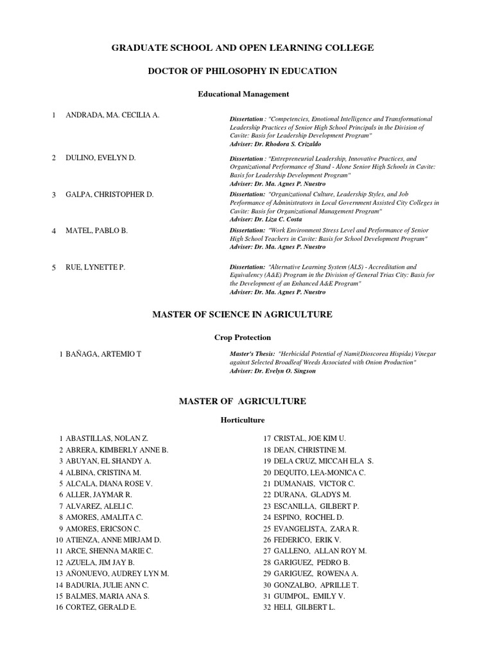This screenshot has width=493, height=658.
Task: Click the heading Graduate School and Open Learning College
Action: [x=243, y=48]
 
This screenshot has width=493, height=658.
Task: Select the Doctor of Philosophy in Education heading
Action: [x=243, y=71]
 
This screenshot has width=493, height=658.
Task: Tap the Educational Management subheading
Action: [x=243, y=94]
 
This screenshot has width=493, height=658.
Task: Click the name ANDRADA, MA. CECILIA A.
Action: [x=112, y=115]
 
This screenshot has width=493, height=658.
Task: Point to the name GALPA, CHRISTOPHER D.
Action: [x=109, y=194]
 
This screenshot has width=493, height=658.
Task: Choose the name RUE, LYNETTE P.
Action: [x=95, y=267]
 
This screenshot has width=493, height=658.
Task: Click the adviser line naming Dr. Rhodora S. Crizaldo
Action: [x=275, y=145]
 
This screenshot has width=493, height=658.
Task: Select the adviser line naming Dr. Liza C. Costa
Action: [x=266, y=219]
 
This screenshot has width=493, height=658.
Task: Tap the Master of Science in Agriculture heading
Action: [x=242, y=314]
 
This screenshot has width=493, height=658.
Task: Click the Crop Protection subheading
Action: [x=242, y=337]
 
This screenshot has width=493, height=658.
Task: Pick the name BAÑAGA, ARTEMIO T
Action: [x=103, y=355]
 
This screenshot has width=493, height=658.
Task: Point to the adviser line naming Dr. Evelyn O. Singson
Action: [x=273, y=371]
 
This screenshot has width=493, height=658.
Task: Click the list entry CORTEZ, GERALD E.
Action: [x=99, y=607]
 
